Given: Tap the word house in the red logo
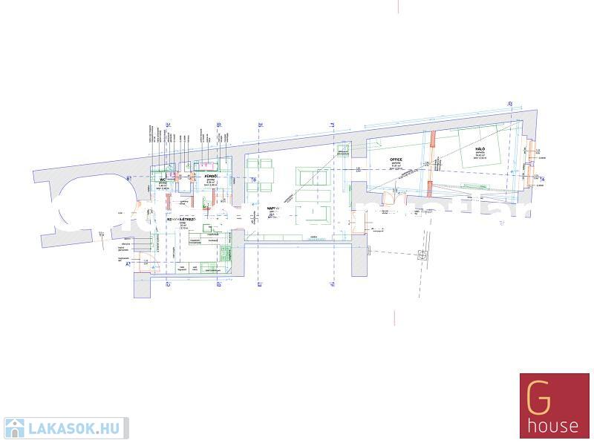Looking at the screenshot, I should (553, 426).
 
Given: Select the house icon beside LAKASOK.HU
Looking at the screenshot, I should (15, 428).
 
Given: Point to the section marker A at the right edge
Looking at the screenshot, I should (543, 179).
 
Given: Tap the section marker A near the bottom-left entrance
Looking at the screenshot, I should (127, 263).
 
